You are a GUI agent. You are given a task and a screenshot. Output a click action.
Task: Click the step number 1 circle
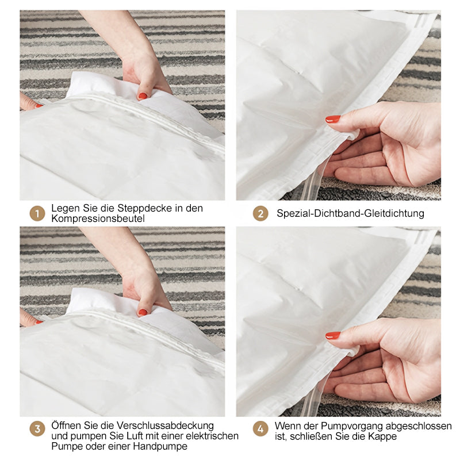pos(37,213)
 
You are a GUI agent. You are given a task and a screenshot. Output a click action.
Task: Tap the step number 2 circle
pos(260,213)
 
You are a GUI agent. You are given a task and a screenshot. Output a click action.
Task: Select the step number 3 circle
pos(37,429)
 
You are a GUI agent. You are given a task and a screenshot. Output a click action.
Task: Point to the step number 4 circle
pos(260,429)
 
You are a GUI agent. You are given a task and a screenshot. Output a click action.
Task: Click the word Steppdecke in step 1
pos(145,209)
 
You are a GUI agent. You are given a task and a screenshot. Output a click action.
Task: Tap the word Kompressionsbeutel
pos(98,219)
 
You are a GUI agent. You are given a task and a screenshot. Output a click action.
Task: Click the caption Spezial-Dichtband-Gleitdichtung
pos(350,213)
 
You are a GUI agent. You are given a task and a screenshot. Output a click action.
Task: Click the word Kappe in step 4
pos(382,436)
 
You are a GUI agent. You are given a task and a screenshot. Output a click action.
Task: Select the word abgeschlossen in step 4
pos(419,426)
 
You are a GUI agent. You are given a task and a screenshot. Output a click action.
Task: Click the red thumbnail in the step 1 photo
pos(143,96)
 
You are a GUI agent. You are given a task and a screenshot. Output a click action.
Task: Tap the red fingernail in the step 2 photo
pos(333,119)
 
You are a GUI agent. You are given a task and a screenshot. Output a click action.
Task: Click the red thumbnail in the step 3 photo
pos(143,312)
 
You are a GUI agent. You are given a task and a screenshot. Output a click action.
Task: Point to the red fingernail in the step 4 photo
pos(333,335)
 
